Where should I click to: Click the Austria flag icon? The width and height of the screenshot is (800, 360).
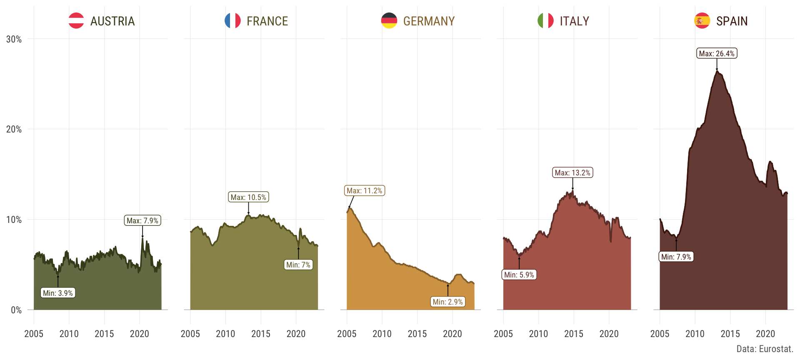pyautogui.click(x=76, y=21)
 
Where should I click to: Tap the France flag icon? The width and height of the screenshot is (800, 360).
pyautogui.click(x=232, y=21)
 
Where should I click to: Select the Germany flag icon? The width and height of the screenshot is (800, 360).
pyautogui.click(x=389, y=21)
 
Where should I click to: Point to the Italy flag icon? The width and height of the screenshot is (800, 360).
pyautogui.click(x=545, y=21)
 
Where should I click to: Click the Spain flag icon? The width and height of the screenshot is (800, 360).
pyautogui.click(x=702, y=21)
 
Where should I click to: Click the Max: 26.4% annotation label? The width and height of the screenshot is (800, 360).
pyautogui.click(x=717, y=53)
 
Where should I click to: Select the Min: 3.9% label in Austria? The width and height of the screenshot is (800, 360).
pyautogui.click(x=58, y=293)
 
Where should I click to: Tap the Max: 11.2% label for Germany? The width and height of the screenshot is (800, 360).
pyautogui.click(x=365, y=190)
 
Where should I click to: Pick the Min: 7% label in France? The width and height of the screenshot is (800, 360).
pyautogui.click(x=298, y=265)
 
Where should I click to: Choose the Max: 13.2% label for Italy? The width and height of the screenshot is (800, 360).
pyautogui.click(x=572, y=172)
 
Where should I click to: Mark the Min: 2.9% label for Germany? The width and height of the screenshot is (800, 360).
pyautogui.click(x=448, y=302)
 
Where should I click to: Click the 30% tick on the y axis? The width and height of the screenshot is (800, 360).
pyautogui.click(x=14, y=39)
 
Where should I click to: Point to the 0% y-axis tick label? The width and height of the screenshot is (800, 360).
pyautogui.click(x=16, y=310)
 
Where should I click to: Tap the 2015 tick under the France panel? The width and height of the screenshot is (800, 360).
pyautogui.click(x=261, y=334)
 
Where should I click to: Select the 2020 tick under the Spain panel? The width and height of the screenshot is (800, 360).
pyautogui.click(x=765, y=334)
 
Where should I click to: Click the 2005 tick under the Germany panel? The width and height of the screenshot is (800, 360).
pyautogui.click(x=347, y=334)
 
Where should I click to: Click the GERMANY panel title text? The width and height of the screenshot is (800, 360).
pyautogui.click(x=429, y=21)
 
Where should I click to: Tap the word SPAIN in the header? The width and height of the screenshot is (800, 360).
pyautogui.click(x=732, y=21)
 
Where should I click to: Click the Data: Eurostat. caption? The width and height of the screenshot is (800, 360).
pyautogui.click(x=765, y=349)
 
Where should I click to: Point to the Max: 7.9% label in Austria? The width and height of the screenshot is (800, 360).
pyautogui.click(x=142, y=220)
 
